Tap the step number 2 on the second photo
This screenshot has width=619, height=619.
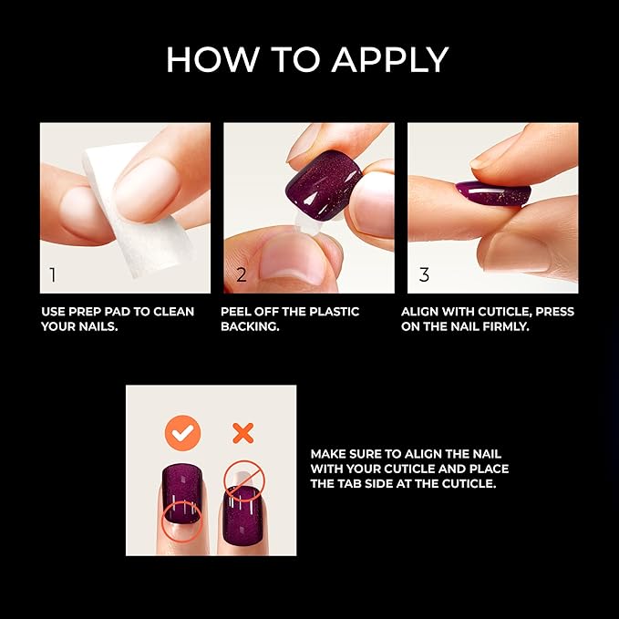click(241, 274)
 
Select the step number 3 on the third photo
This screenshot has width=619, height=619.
click(424, 274)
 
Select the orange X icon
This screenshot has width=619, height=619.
click(242, 432)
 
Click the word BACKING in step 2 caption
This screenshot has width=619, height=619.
click(248, 325)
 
